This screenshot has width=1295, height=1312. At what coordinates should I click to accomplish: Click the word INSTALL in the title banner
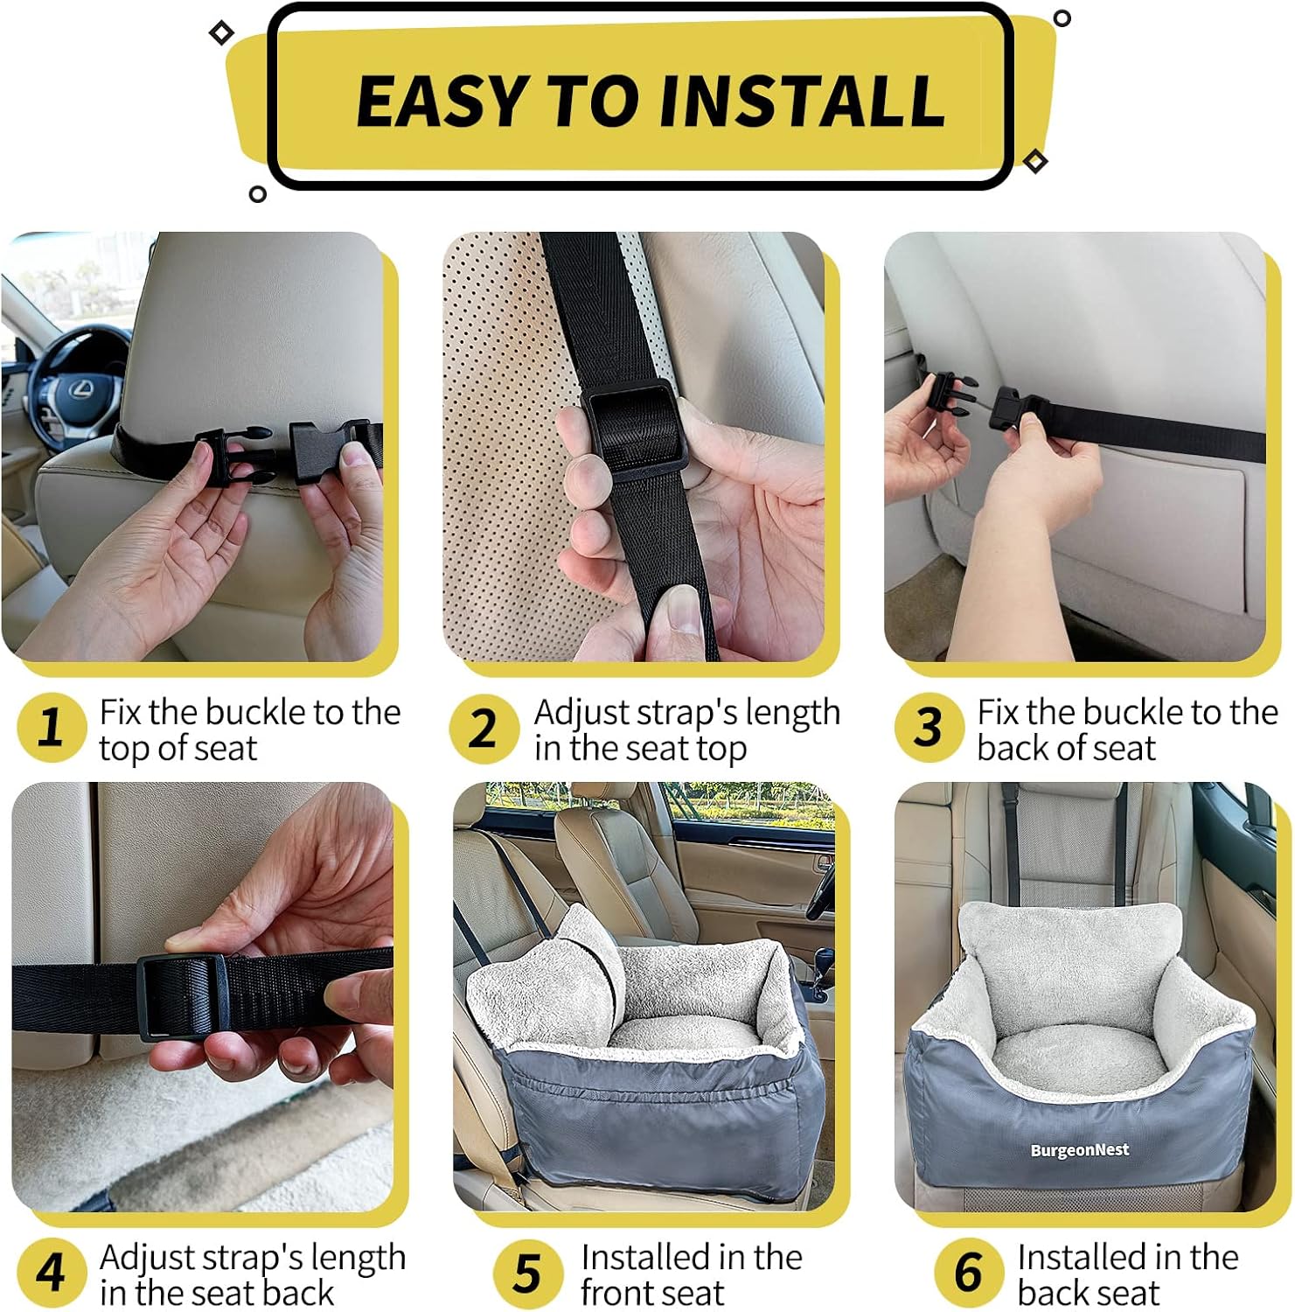pos(801,100)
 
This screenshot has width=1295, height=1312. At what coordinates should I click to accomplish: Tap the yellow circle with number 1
pos(52,728)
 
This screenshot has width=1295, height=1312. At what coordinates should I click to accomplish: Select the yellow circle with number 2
pos(484,728)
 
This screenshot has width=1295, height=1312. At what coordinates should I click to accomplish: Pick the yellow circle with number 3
pos(929,728)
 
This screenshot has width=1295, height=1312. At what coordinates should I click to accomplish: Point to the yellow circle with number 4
pos(52,1274)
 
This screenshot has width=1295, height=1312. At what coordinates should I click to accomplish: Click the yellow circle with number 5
pos(527,1274)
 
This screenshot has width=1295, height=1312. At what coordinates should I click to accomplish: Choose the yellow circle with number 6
pos(968,1274)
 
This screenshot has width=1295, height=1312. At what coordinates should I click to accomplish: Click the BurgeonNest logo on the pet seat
pos(1079,1150)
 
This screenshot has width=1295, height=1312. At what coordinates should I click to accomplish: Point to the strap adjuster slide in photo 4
pos(182,996)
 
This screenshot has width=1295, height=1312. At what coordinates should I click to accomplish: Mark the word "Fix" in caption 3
pos(998,712)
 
